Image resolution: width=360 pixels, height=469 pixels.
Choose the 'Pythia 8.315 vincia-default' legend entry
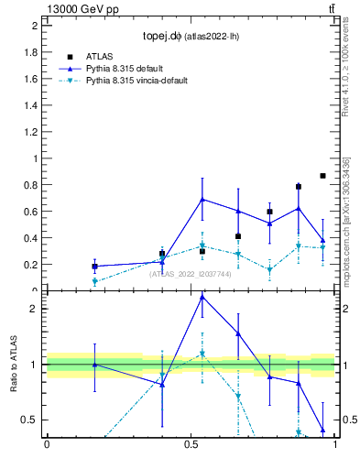[136, 81]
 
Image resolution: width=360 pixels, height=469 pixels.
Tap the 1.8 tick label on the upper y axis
[31, 52]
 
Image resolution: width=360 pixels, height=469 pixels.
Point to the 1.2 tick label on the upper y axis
[31, 132]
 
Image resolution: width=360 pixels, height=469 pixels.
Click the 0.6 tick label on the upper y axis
[31, 212]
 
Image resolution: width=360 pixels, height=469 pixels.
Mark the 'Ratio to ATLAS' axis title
[13, 364]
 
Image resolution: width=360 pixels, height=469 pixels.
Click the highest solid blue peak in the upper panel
[202, 199]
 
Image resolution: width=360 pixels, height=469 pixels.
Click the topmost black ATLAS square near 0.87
[322, 175]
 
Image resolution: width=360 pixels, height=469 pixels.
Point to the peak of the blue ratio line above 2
[202, 297]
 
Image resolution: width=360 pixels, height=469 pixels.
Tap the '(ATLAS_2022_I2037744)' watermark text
[190, 273]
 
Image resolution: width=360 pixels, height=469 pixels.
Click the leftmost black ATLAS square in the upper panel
[95, 267]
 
